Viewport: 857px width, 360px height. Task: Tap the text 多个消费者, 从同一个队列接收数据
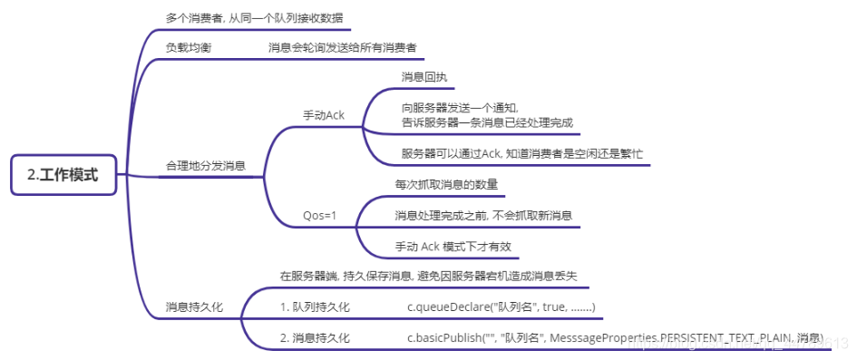pyautogui.click(x=254, y=17)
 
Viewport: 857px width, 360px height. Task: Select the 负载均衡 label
pyautogui.click(x=189, y=47)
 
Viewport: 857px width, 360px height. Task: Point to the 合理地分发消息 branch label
pyautogui.click(x=205, y=166)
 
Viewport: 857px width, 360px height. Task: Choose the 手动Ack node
pyautogui.click(x=323, y=115)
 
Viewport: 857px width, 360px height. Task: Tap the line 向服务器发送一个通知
pyautogui.click(x=460, y=107)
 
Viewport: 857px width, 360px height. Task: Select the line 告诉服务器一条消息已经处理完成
pyautogui.click(x=487, y=122)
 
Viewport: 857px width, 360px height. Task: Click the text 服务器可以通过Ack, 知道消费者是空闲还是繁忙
pyautogui.click(x=521, y=153)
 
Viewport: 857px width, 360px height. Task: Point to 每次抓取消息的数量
pyautogui.click(x=446, y=184)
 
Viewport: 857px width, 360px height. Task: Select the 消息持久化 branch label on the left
pyautogui.click(x=193, y=306)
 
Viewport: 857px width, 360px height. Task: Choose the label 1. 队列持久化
pyautogui.click(x=315, y=306)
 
